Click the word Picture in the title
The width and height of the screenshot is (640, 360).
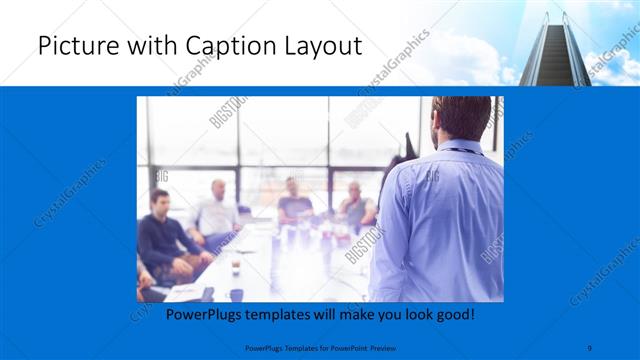73,46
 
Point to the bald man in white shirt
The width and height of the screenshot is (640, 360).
217,211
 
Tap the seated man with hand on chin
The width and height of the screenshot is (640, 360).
355,205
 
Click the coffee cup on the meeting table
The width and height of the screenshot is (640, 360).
235,266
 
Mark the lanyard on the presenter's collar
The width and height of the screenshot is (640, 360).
459,150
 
